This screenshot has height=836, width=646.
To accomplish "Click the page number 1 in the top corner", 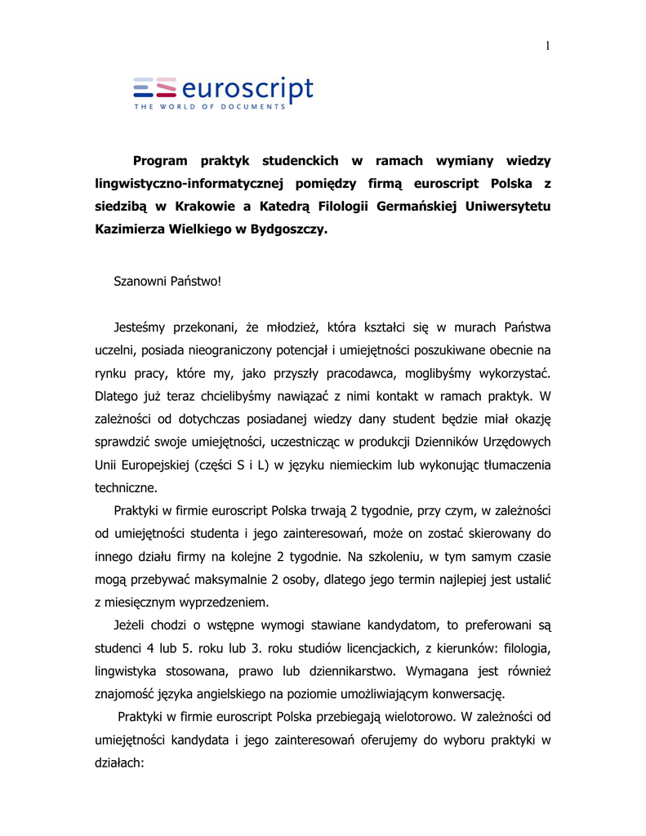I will (x=547, y=46).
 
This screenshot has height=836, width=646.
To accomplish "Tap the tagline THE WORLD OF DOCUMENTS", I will (x=211, y=107).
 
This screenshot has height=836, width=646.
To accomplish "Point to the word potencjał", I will (x=302, y=351).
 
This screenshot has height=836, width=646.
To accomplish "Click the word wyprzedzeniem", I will (x=220, y=603).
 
